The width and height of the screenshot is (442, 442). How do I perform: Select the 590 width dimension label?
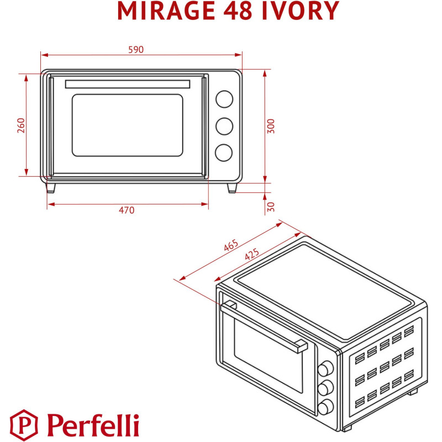[136, 50]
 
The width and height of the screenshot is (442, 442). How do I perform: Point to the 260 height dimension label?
[21, 125]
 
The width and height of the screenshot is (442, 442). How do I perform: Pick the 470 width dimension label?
[127, 210]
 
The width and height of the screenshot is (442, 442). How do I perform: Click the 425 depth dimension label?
[251, 255]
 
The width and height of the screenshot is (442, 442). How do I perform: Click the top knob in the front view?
[224, 99]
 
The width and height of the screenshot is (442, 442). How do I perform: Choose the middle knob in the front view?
[224, 126]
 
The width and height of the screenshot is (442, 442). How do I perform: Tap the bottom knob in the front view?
[224, 152]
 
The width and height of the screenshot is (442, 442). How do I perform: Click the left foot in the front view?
[51, 188]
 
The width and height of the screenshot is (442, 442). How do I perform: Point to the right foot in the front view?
[233, 188]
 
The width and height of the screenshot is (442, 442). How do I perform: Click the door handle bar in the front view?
[128, 84]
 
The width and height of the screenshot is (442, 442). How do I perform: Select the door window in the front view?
[128, 125]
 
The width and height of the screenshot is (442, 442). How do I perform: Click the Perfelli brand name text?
[93, 424]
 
